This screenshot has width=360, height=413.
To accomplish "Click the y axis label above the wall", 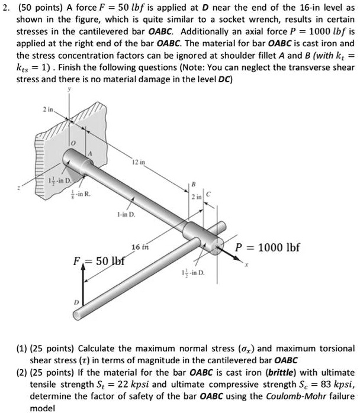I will click(69, 89).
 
